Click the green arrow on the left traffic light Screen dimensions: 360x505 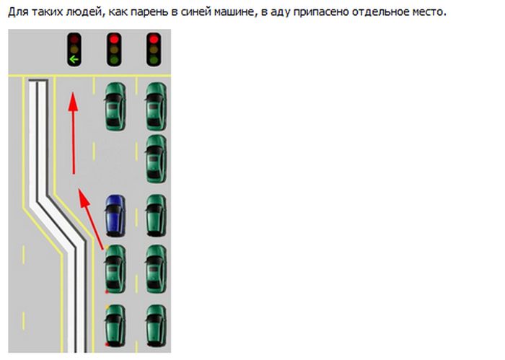pyautogui.click(x=73, y=59)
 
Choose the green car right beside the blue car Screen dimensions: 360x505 pyautogui.click(x=155, y=216)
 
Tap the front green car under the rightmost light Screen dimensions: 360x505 pyautogui.click(x=155, y=106)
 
